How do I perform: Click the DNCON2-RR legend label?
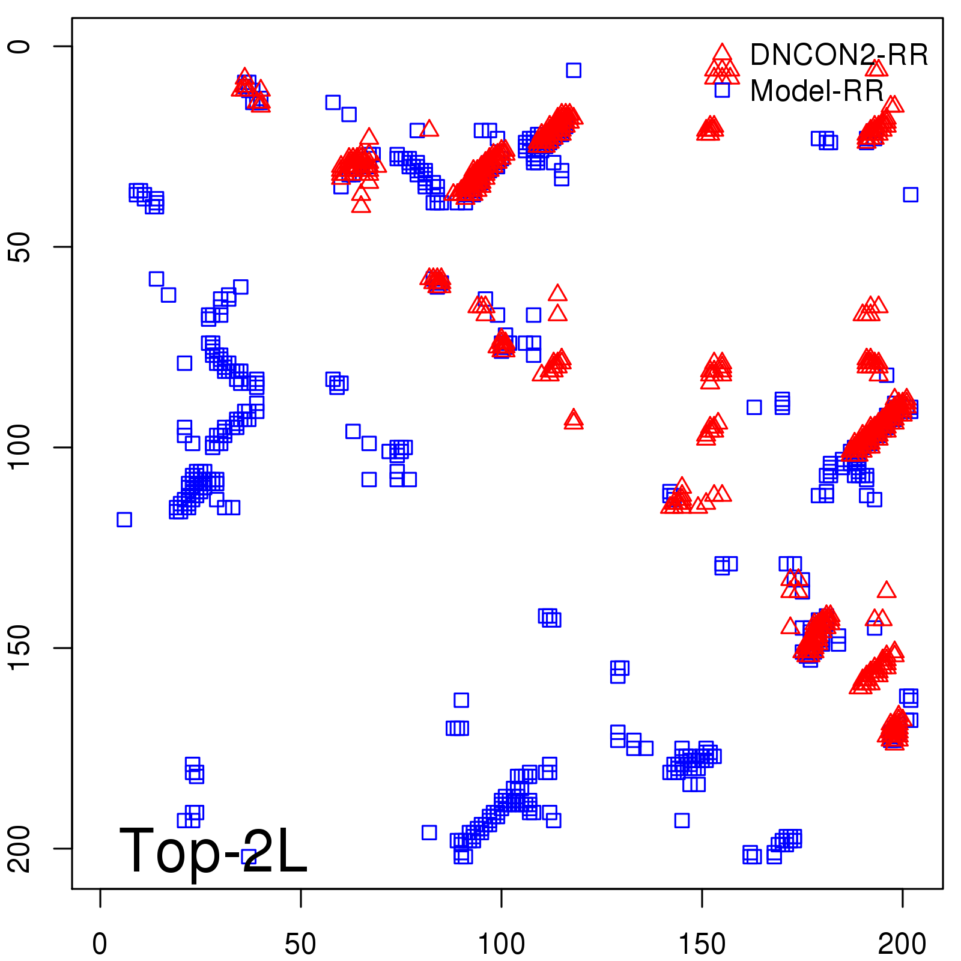838,55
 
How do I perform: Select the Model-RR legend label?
817,91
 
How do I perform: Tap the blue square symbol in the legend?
722,90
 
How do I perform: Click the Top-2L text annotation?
213,850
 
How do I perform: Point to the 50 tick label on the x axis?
300,944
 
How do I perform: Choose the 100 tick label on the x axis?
501,944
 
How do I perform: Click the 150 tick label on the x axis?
702,944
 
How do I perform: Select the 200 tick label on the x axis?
902,944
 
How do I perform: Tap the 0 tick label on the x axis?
100,944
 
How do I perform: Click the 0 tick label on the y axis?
19,46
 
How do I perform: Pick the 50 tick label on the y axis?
19,247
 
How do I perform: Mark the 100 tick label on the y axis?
19,447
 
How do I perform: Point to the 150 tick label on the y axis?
19,648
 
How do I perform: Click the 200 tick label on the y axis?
19,849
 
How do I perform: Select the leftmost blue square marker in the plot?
124,520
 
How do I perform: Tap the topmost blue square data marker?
574,70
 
